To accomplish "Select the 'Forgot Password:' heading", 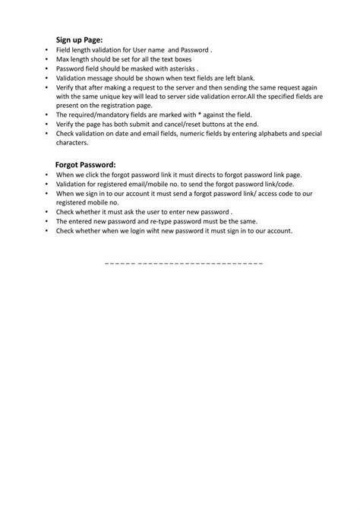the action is [x=86, y=163].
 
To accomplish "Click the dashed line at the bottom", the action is [x=182, y=262].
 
